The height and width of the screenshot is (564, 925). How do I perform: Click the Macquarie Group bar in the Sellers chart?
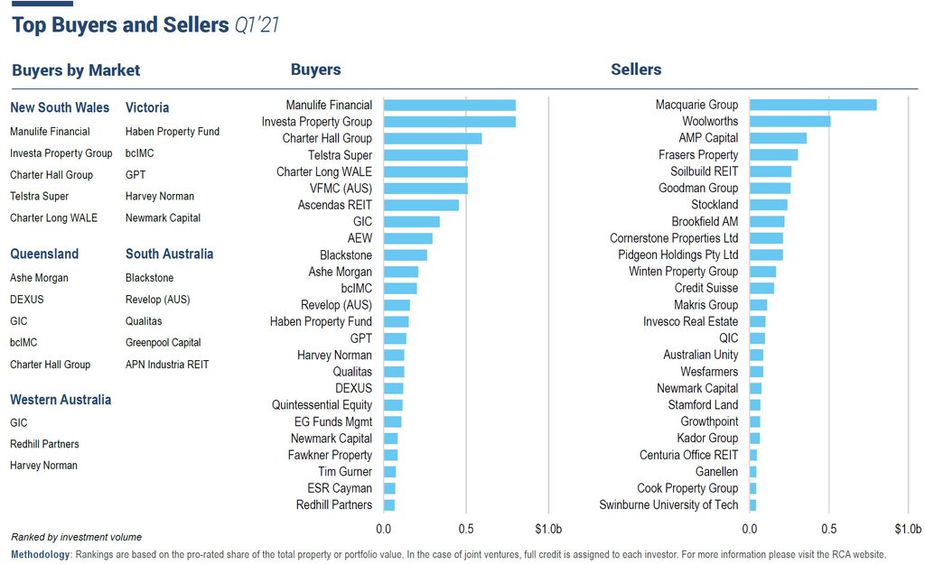point(813,105)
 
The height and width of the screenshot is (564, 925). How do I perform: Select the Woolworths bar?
point(790,121)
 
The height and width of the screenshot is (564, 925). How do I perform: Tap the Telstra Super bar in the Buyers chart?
point(425,155)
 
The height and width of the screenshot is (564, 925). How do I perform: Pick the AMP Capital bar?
point(778,138)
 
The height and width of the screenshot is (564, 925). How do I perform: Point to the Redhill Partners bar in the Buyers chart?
point(389,504)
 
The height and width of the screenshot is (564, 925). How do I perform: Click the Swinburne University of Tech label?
point(668,504)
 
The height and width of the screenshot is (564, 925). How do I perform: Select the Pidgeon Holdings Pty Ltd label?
point(677,254)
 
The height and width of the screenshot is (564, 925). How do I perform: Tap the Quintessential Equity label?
point(322,405)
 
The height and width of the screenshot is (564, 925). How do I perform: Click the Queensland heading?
point(44,254)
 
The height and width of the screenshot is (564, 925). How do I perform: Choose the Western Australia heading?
point(61,400)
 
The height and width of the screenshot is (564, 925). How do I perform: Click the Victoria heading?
point(147,107)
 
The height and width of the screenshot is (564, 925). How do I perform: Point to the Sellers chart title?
point(636,69)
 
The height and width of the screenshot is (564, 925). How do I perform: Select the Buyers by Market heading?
point(76,70)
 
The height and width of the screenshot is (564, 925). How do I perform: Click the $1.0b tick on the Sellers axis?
point(907,528)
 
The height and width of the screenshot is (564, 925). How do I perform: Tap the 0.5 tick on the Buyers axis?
point(466,528)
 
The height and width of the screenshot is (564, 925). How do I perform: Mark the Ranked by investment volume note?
point(76,537)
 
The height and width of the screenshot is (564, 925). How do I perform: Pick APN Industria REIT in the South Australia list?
point(167,365)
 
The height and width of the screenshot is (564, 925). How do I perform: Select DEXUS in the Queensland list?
point(26,300)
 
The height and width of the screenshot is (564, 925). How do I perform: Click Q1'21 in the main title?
point(256,25)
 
